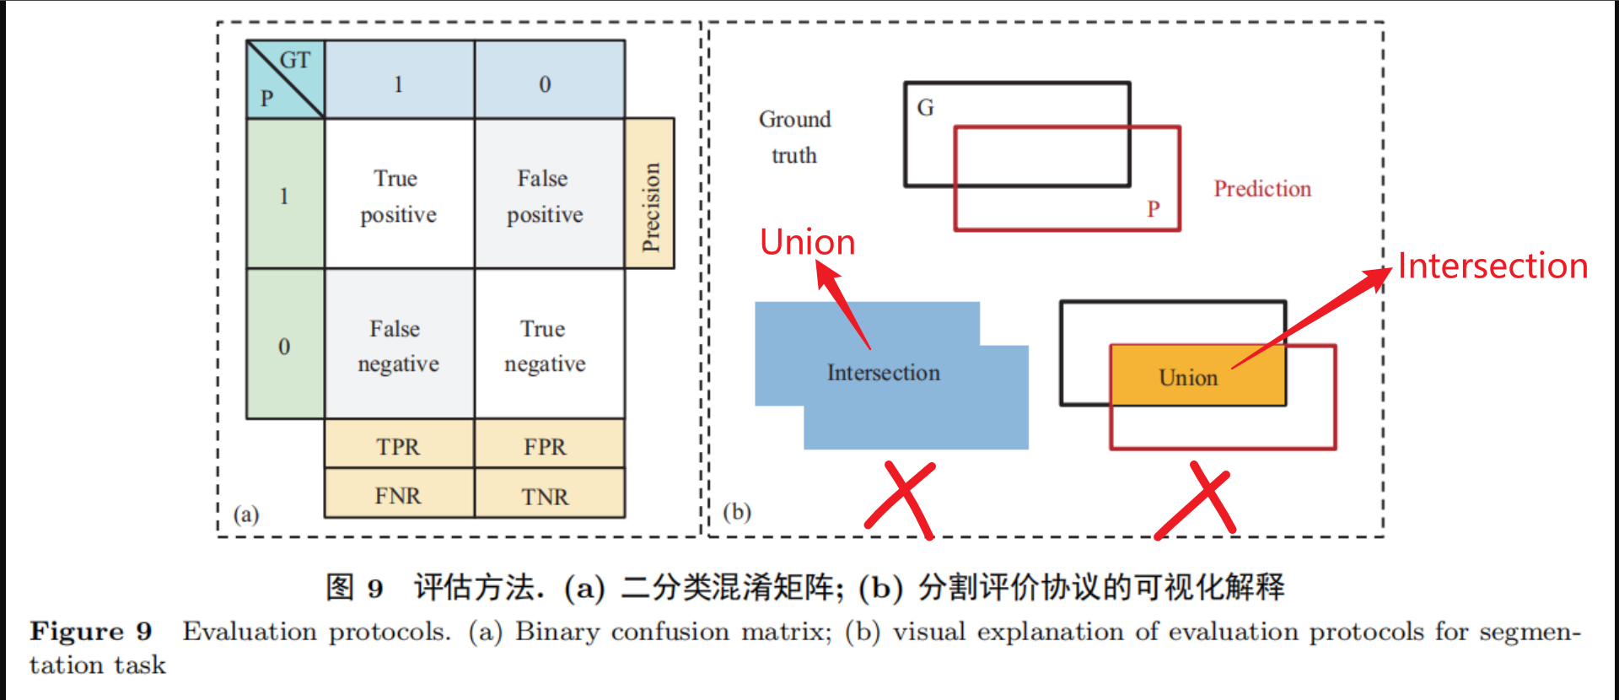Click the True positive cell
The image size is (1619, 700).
coord(399,196)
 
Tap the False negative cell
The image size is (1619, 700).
coord(399,346)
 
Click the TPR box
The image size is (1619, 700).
coord(399,446)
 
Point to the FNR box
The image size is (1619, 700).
coord(399,495)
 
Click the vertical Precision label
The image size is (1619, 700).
coord(650,207)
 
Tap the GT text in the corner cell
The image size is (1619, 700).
coord(295,60)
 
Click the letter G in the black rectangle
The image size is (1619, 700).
coord(926,108)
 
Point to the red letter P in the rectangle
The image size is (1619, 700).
coord(1154,208)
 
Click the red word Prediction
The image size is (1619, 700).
coord(1262,189)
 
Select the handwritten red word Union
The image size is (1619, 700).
coord(807,243)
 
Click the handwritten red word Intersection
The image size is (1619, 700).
coord(1493,267)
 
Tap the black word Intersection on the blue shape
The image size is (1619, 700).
coord(883,373)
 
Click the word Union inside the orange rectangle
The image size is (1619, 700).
coord(1188,378)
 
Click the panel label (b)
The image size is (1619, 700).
coord(737,512)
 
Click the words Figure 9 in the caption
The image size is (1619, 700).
coord(91,632)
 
